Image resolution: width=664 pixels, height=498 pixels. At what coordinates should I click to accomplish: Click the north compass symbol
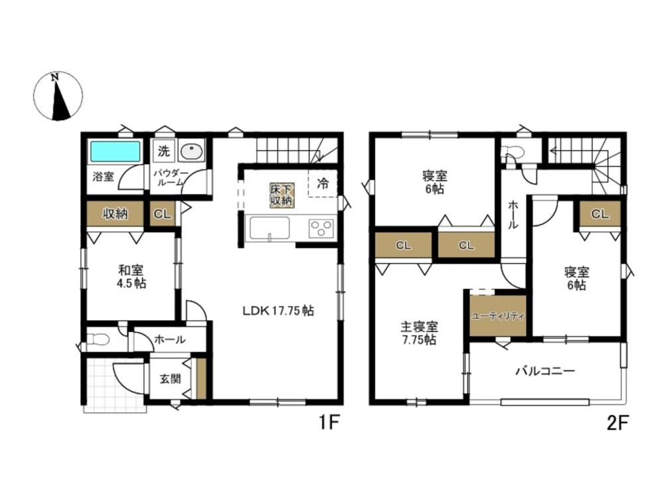coord(58,96)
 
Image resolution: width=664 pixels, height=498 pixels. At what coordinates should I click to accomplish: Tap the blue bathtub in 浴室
coord(115,151)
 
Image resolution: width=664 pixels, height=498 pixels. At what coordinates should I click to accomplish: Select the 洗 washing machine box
coord(163,151)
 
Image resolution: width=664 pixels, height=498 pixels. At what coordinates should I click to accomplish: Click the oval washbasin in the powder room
coord(191,151)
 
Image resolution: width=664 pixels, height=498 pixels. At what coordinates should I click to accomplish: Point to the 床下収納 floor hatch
coord(282,195)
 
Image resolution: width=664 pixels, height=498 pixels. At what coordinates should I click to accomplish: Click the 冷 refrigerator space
coord(323,183)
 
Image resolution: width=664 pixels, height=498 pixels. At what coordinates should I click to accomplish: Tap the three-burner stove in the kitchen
coord(322,228)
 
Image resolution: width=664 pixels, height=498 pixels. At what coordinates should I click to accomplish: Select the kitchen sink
coord(270,228)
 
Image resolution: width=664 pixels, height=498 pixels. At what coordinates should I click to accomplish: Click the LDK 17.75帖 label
coord(278,311)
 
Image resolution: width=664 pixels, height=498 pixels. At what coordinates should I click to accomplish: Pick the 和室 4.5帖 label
coord(131,277)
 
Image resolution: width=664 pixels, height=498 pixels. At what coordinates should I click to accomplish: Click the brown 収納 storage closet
coord(115,214)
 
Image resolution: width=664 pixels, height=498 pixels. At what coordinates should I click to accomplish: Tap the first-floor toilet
coord(97,339)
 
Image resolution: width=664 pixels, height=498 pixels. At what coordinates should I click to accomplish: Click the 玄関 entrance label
coord(170,378)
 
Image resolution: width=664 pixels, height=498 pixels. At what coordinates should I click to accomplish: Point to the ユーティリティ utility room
coord(497,316)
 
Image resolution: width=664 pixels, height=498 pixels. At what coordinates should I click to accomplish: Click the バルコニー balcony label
coord(545,371)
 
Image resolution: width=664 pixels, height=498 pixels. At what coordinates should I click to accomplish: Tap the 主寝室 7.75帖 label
coord(419,333)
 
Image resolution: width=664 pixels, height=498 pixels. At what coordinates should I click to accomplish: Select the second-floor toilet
coord(510,151)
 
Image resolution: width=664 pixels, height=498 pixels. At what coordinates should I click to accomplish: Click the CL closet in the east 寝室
coord(600,214)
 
